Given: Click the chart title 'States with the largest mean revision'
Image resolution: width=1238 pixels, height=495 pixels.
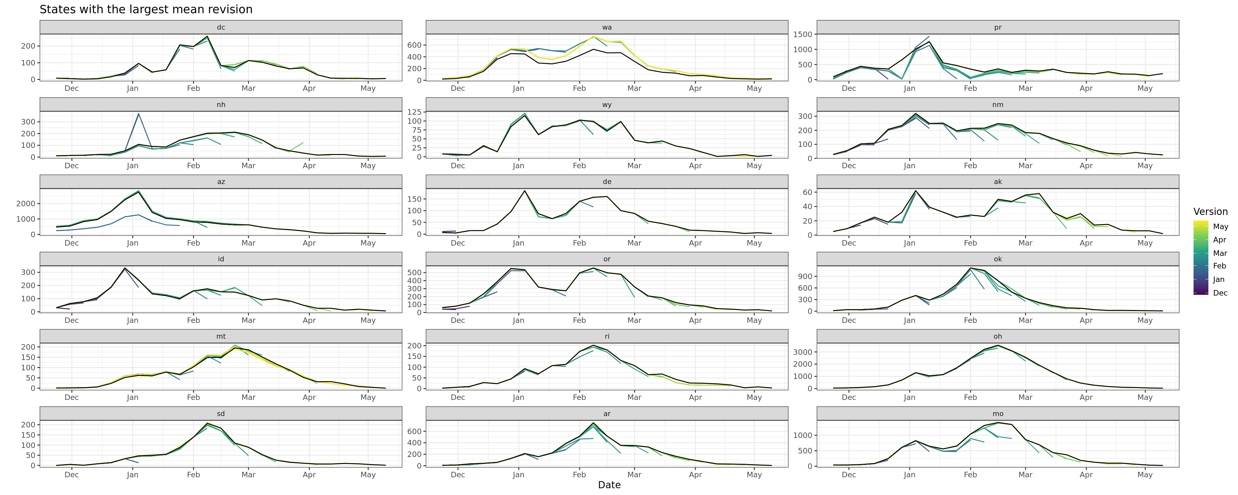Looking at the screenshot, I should click(x=146, y=10).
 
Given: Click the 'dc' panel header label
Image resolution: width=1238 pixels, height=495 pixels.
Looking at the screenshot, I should click(x=221, y=27).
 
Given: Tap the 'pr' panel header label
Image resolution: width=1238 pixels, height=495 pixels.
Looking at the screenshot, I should click(x=998, y=27).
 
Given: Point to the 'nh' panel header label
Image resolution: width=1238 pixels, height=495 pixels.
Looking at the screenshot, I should click(x=221, y=105).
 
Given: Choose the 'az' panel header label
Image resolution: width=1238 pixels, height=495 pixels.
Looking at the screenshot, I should click(x=221, y=182).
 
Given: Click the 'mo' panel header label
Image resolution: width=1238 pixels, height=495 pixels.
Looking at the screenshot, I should click(x=998, y=414).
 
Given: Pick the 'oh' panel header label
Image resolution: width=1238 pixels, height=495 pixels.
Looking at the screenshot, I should click(x=998, y=336).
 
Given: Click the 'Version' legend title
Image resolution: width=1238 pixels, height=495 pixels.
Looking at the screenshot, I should click(x=1210, y=212).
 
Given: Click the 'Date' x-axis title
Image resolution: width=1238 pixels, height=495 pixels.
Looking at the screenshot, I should click(x=609, y=485).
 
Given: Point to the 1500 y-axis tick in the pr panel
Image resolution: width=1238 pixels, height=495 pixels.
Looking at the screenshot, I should click(x=802, y=34).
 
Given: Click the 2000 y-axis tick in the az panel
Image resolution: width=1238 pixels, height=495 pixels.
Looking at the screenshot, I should click(x=25, y=204).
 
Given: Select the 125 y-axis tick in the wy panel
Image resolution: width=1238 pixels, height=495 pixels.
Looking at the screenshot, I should click(x=413, y=112).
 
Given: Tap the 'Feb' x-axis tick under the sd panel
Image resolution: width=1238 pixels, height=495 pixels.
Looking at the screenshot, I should click(x=193, y=475).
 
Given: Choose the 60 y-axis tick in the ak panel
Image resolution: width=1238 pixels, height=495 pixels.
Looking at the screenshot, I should click(x=807, y=192).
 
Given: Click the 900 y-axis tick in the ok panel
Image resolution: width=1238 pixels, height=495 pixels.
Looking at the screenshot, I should click(x=805, y=276).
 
